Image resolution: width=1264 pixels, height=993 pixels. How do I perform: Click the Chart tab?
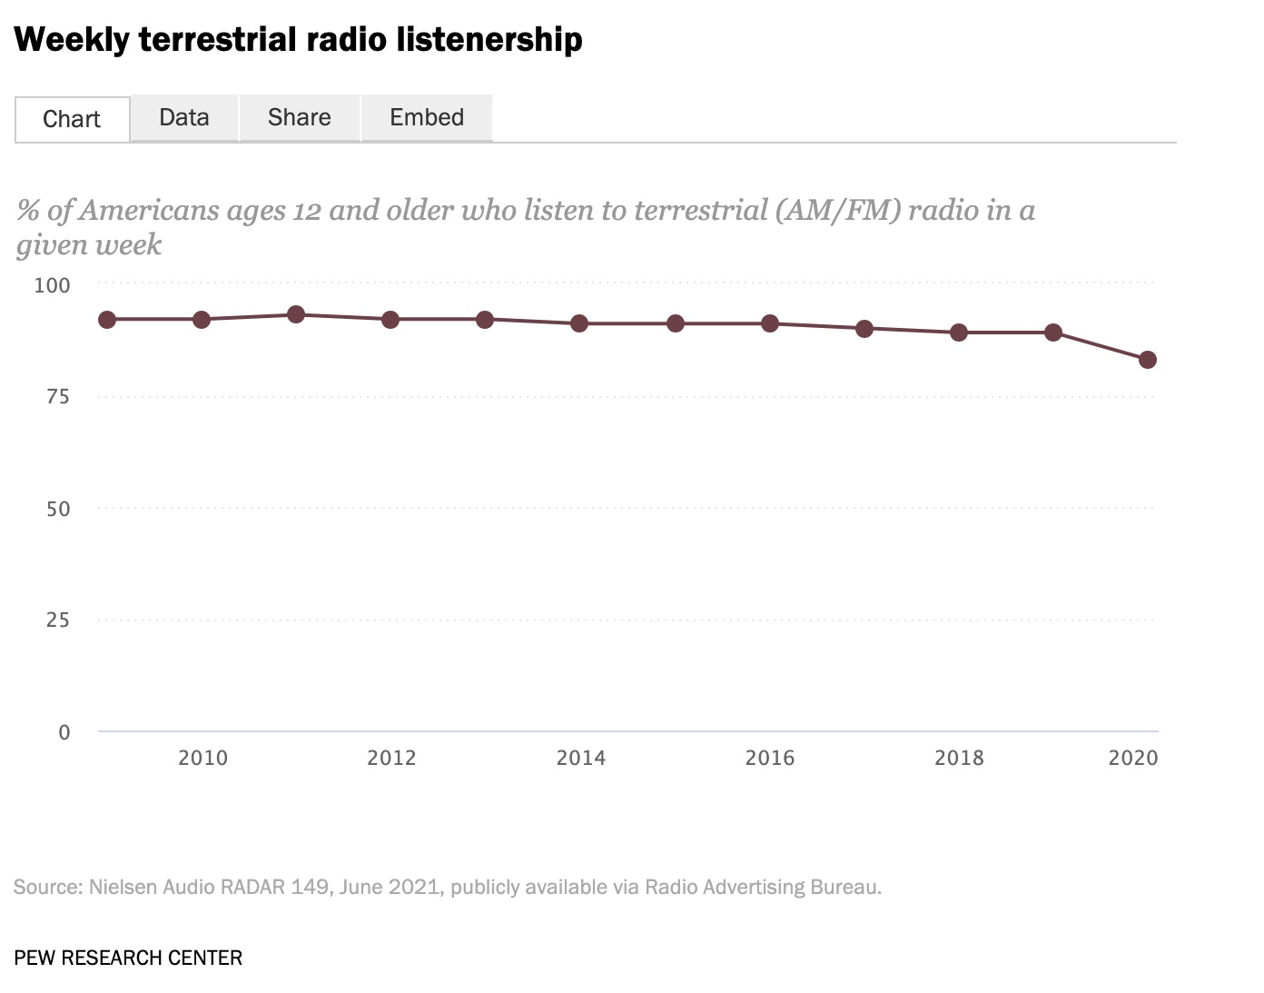tap(72, 119)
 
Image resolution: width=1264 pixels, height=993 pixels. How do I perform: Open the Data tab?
tap(184, 117)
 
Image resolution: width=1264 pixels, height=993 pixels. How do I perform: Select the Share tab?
tap(300, 117)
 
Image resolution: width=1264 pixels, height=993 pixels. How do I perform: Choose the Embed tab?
tap(427, 117)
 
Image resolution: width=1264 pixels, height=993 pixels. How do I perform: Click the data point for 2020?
tap(1148, 360)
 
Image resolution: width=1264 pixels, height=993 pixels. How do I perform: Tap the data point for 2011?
tap(296, 314)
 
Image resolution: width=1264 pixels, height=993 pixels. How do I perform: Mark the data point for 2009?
tap(107, 320)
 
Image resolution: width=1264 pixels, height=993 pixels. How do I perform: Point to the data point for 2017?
tap(864, 329)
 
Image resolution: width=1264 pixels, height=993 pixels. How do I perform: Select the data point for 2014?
tap(579, 323)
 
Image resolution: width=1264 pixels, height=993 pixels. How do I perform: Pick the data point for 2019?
tap(1053, 333)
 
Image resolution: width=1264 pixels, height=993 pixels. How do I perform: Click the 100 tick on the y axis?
tap(52, 285)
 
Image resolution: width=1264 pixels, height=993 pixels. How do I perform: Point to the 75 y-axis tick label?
tap(57, 396)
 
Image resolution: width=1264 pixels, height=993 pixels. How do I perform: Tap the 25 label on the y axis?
tap(57, 620)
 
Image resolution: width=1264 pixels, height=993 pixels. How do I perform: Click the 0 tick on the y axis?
tap(64, 732)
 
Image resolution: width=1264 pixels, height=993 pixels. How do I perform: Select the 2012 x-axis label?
tap(391, 758)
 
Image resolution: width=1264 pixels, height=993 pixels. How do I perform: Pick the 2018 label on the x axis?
tap(959, 758)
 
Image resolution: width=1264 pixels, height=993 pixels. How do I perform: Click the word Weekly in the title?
tap(72, 40)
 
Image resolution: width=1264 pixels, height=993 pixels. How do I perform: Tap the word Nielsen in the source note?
tap(123, 887)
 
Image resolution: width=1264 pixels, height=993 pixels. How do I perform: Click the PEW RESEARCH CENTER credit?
tap(128, 958)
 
